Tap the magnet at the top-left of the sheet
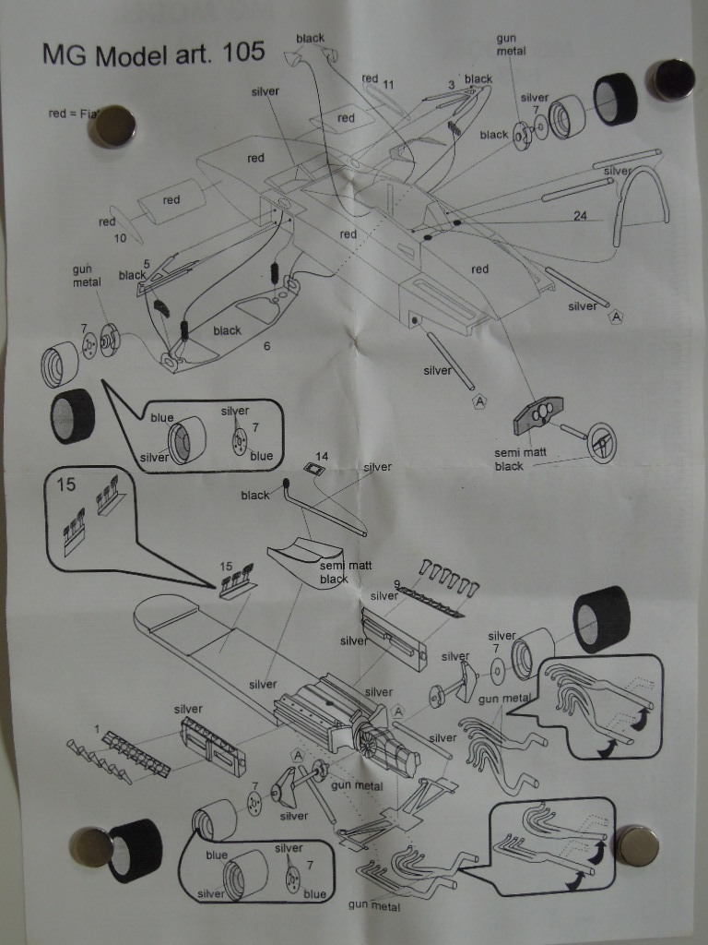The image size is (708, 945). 112,126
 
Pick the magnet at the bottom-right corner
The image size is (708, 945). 636,844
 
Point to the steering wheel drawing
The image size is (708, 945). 603,443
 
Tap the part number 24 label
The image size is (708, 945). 580,216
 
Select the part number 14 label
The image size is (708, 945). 322,456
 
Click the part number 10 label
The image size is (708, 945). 120,238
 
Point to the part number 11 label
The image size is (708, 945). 388,84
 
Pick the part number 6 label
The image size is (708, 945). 266,346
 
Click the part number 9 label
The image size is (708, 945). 396,583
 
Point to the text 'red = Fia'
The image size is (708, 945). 73,114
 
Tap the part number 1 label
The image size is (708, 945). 97,729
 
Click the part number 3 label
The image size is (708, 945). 452,85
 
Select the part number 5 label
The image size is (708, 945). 147,264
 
